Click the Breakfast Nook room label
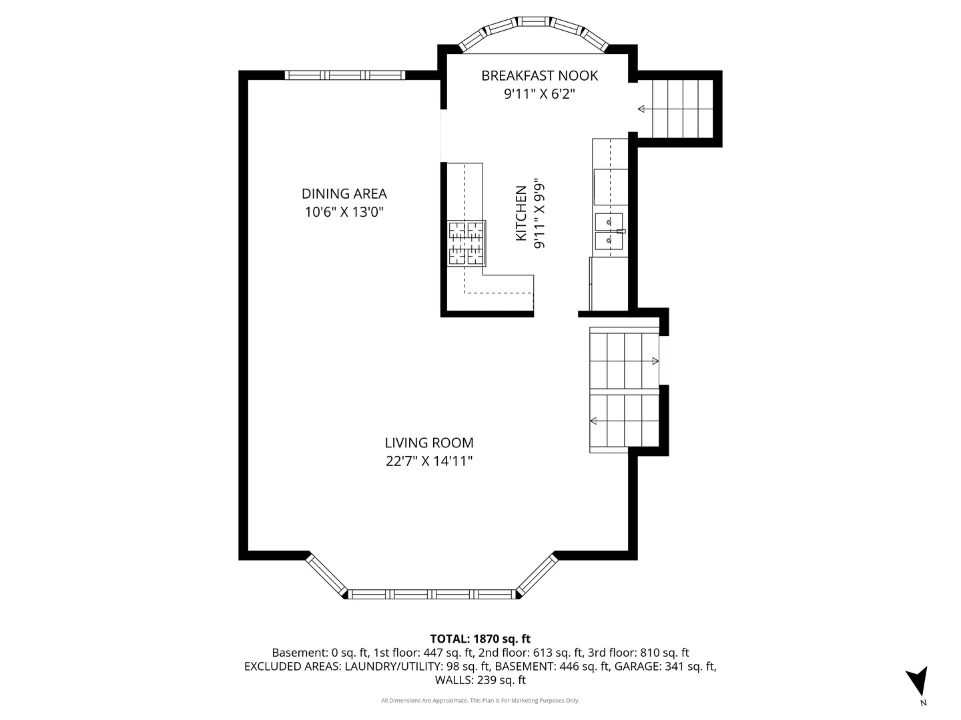click(539, 75)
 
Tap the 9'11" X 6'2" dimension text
click(539, 94)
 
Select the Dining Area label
click(344, 194)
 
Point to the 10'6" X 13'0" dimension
click(344, 213)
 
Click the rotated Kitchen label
click(521, 213)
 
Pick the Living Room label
click(429, 443)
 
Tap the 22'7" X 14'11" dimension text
click(429, 461)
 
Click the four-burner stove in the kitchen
click(466, 244)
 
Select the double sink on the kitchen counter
click(609, 230)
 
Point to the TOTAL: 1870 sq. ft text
click(480, 639)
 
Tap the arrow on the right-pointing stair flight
click(655, 361)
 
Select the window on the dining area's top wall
click(345, 75)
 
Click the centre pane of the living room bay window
click(432, 593)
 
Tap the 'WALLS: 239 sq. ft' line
click(480, 680)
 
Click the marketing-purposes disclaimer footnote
click(480, 701)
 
